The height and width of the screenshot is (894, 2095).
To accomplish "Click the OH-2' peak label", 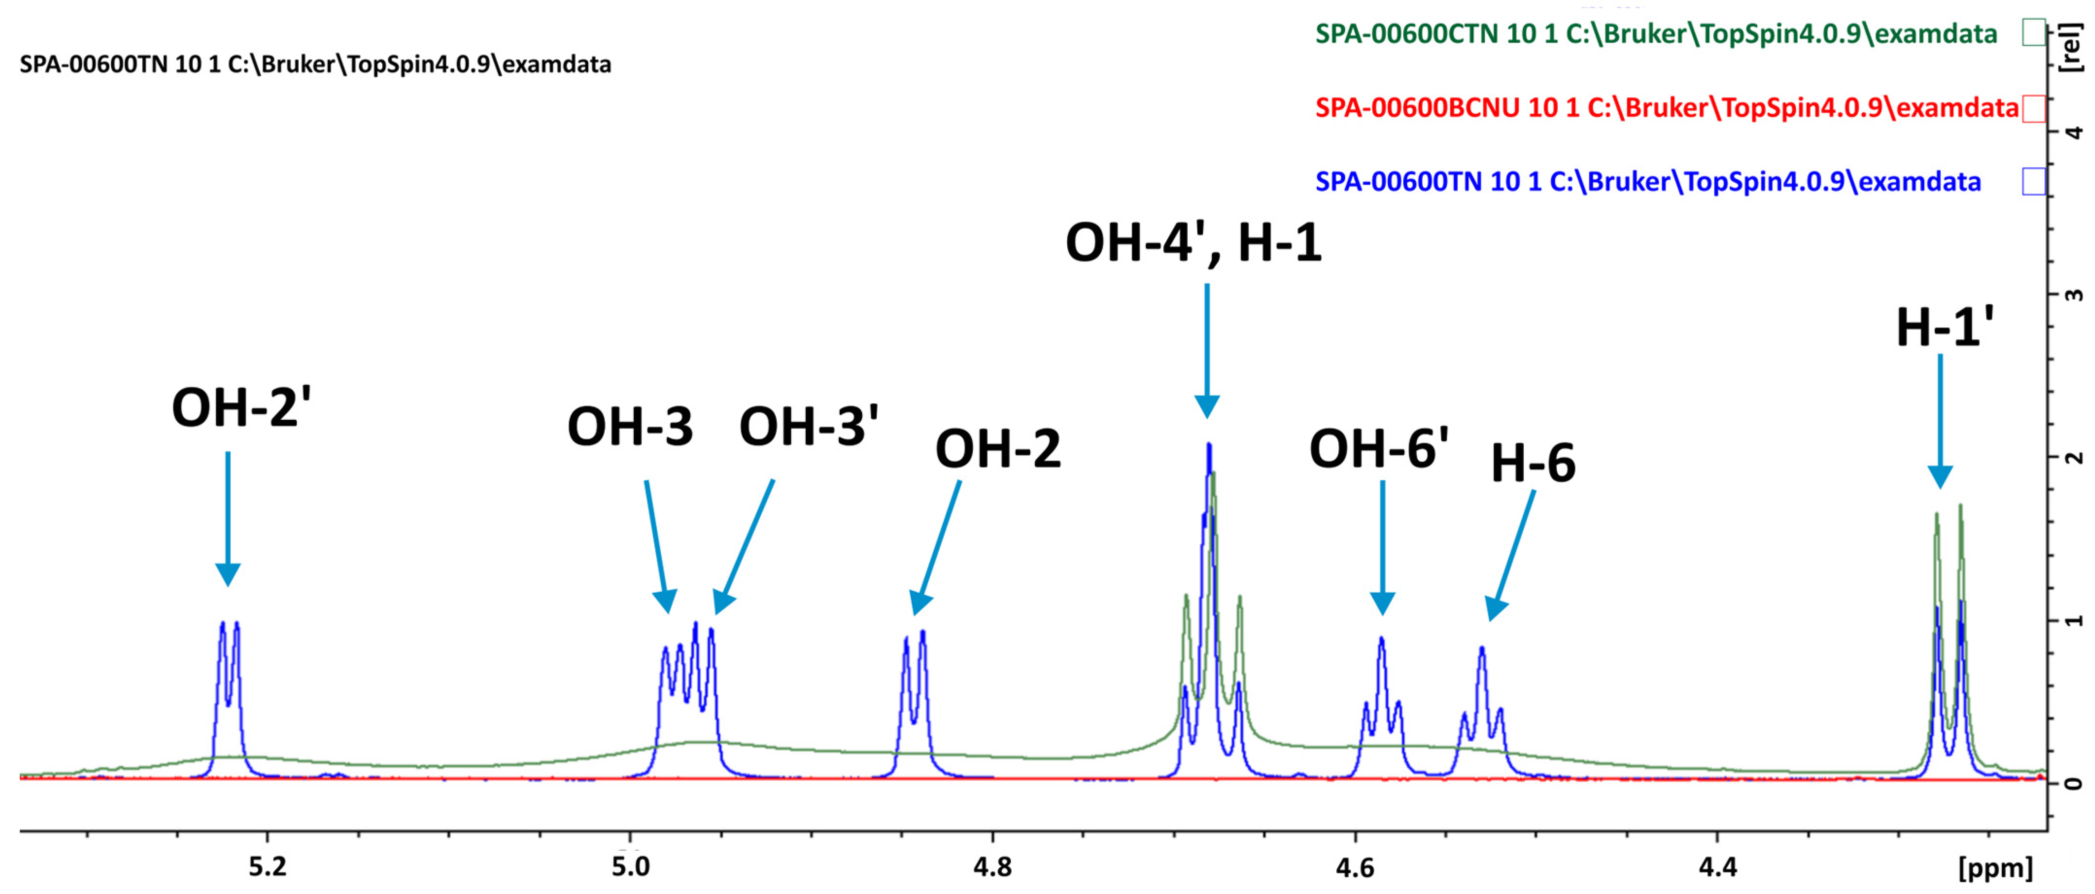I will click(x=241, y=408).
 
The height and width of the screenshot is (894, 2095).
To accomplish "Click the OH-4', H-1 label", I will click(x=1193, y=243).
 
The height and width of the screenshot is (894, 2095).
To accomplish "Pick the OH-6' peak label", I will click(x=1379, y=448).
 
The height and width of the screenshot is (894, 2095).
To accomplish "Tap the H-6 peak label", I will click(x=1533, y=464).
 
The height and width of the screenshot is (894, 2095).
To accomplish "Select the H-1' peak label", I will click(x=1944, y=328).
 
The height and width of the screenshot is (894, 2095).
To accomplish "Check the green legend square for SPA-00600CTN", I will click(x=2033, y=34).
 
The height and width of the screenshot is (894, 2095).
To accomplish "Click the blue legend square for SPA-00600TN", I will click(x=2033, y=181).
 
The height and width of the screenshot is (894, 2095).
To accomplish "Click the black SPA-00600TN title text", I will click(x=316, y=64).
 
